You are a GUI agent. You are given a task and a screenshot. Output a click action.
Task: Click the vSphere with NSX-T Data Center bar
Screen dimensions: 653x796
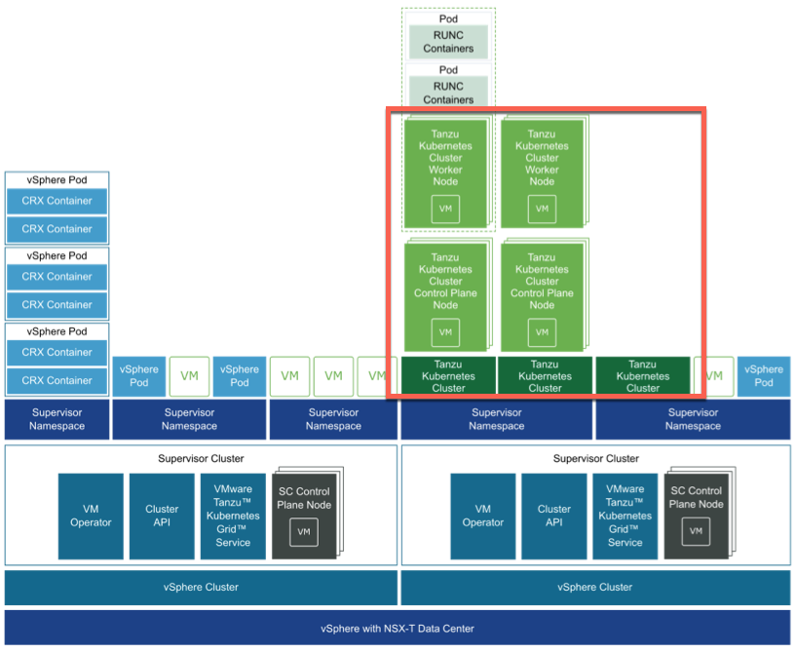coord(398,628)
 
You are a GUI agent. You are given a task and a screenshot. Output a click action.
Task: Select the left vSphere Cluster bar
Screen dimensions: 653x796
coord(201,587)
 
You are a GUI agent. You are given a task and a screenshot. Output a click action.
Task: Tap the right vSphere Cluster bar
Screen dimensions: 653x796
coord(595,587)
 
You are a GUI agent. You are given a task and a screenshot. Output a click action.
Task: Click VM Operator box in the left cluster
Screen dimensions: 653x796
coord(91,516)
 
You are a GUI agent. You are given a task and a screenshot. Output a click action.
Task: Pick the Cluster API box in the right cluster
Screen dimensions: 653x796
coord(553,516)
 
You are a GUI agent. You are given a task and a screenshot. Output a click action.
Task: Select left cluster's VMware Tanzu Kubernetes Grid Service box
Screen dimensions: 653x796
coord(233,516)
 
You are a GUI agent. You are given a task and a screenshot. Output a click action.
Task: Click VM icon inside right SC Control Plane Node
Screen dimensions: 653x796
coord(696,531)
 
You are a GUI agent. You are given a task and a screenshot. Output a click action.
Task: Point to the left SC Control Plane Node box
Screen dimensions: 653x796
coord(304,515)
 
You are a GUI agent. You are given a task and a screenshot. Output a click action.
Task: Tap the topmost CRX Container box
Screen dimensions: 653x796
coord(57,201)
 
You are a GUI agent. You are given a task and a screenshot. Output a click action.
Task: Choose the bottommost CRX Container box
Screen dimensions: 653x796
coord(57,380)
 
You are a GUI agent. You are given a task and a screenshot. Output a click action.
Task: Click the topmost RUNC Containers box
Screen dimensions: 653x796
coord(448,42)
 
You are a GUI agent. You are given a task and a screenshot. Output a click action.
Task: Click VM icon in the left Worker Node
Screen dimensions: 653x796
coord(445,209)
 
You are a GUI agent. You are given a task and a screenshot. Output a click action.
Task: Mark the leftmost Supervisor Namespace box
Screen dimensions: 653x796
coord(57,419)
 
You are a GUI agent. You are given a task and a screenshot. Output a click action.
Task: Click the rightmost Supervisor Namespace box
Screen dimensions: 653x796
coord(693,419)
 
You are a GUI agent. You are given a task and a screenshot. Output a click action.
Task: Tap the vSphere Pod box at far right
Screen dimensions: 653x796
coord(764,376)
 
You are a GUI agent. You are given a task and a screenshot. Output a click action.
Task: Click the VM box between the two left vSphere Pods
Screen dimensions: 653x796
coord(189,376)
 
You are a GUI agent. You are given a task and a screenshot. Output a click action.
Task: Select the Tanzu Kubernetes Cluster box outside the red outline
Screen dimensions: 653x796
coord(643,376)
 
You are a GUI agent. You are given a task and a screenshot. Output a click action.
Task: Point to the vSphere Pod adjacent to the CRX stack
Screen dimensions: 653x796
coord(139,376)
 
